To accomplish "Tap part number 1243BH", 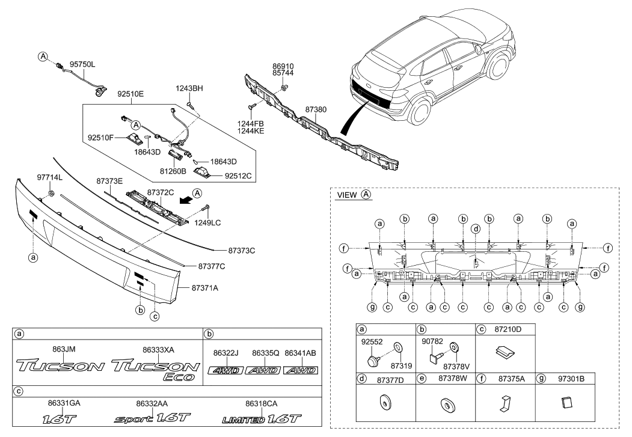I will pos(189,89).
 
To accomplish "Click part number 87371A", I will pos(206,288).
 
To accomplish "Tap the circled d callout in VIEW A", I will pos(476,228).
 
